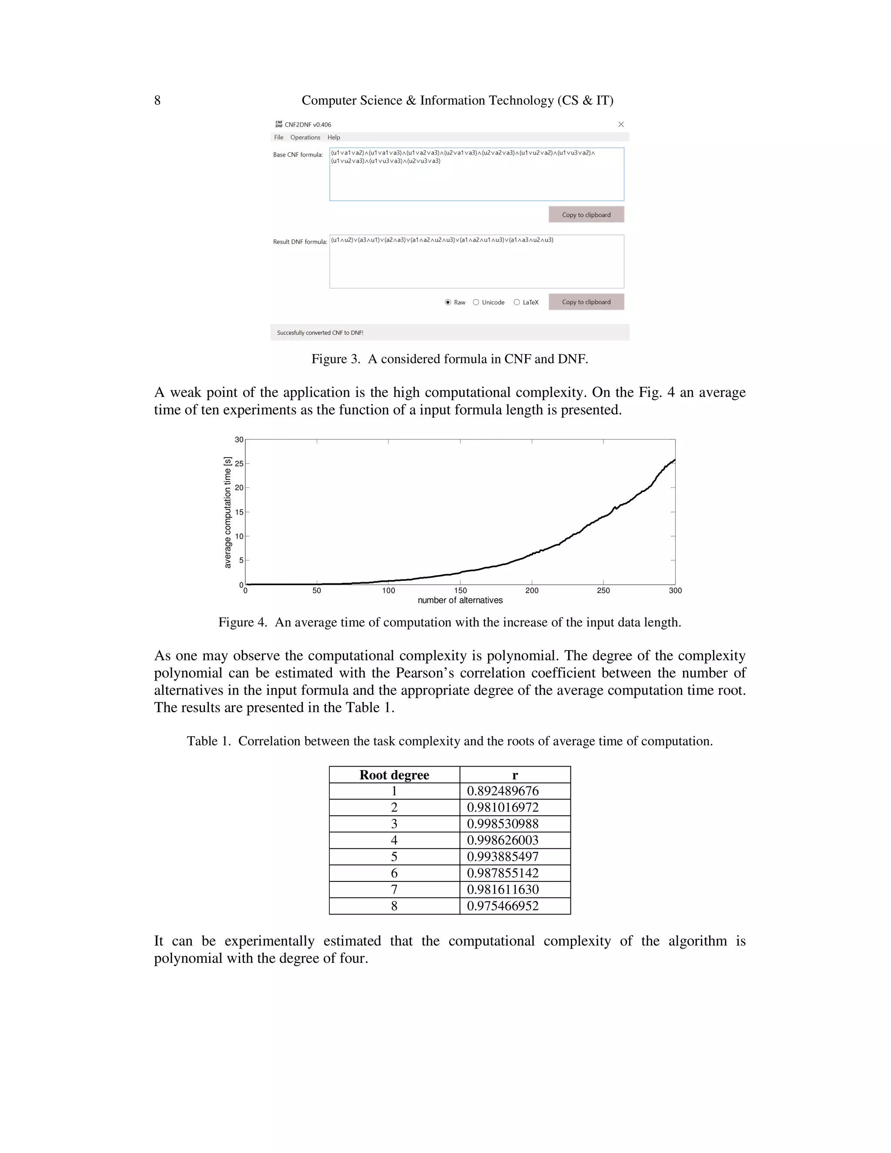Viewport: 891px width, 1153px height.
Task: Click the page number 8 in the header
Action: point(157,101)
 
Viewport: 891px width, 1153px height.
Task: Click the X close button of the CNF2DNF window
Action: point(621,124)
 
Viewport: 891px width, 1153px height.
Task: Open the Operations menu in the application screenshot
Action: point(305,137)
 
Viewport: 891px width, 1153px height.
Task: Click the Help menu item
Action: point(334,137)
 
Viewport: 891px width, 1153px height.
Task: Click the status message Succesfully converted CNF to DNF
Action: point(320,332)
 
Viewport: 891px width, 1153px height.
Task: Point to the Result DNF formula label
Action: point(300,242)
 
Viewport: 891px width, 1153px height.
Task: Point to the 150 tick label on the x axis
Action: point(460,591)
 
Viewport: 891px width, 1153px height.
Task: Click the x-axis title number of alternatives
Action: point(460,600)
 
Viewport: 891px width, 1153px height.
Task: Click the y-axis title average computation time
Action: point(228,512)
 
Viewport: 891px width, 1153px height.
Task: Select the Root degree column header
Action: point(394,775)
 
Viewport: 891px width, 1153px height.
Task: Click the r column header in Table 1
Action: point(515,775)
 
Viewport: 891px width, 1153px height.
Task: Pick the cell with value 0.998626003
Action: point(502,841)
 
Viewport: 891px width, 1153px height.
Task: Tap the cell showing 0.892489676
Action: point(502,791)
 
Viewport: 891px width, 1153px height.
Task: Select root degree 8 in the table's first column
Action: point(394,906)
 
